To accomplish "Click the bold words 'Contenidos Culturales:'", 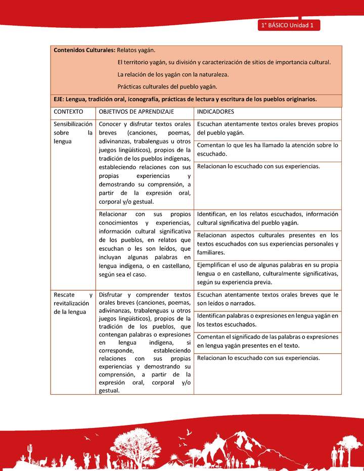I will [84, 51].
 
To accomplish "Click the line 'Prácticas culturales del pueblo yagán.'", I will [167, 86].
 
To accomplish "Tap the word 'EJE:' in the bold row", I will [59, 99].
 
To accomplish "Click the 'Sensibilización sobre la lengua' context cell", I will [73, 132].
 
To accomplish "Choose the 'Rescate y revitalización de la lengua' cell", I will [73, 303].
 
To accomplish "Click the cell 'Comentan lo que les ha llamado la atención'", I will [267, 150].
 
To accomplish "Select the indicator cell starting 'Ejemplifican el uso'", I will [267, 273].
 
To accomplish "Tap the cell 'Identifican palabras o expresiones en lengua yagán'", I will [267, 320].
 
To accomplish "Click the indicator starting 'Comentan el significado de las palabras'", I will [267, 342].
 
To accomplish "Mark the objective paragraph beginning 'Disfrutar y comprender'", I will [145, 342].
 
